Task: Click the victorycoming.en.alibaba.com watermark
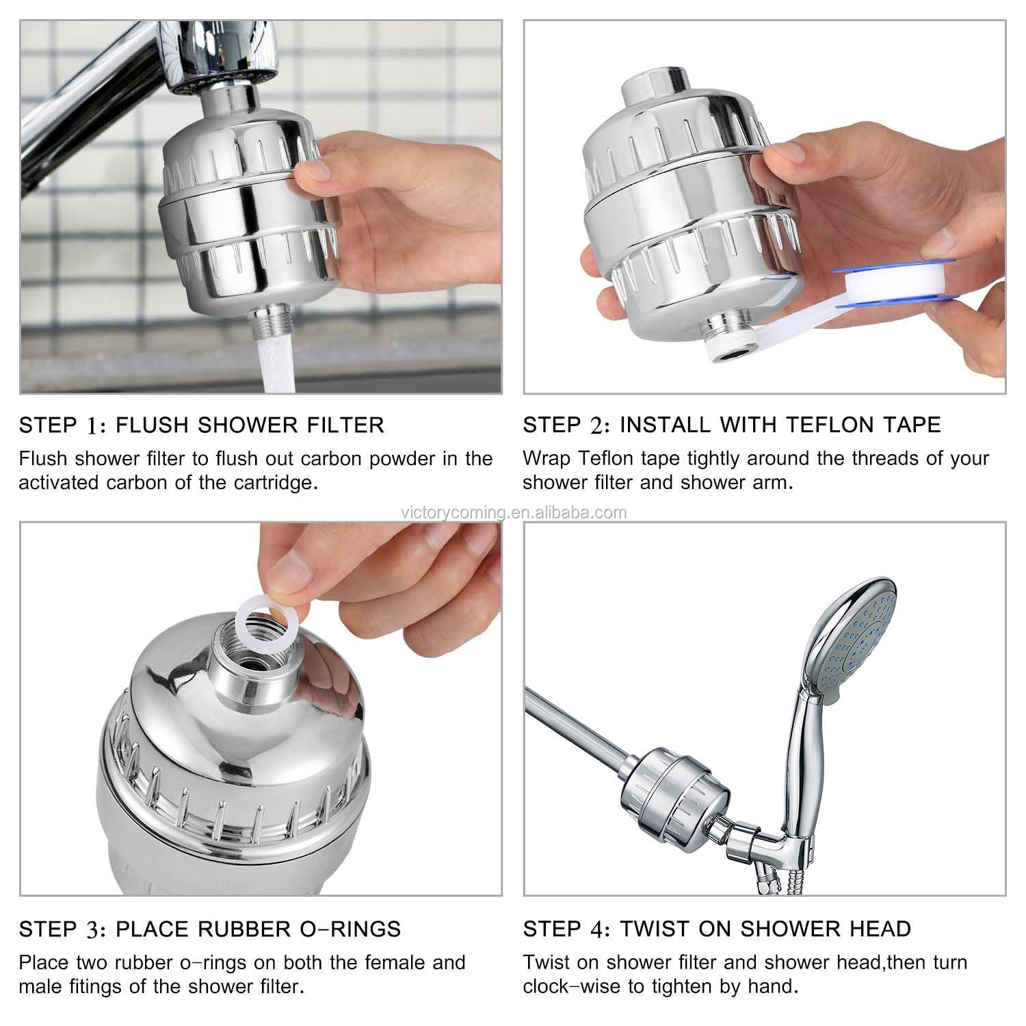point(513,512)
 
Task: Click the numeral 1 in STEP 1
point(92,425)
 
